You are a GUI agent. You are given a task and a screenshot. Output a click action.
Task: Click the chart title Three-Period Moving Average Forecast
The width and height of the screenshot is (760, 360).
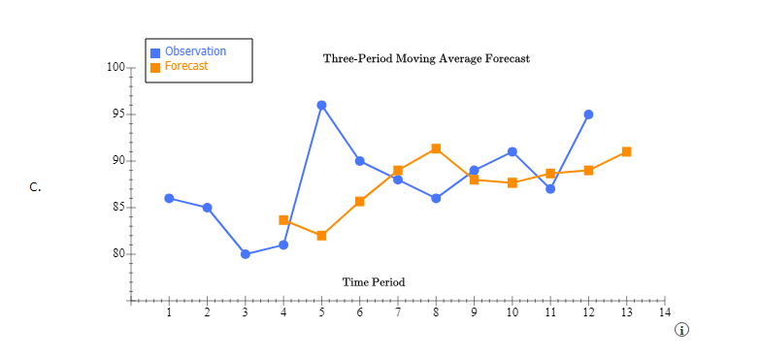pyautogui.click(x=426, y=58)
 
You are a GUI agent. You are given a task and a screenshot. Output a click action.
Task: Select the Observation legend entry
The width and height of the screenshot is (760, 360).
pyautogui.click(x=194, y=51)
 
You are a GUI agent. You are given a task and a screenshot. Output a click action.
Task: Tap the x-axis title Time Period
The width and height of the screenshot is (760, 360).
pyautogui.click(x=374, y=282)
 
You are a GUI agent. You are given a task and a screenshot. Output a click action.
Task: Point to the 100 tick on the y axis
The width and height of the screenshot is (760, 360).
pyautogui.click(x=116, y=68)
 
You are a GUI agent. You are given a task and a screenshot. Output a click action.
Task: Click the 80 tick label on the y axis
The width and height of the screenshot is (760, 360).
pyautogui.click(x=118, y=254)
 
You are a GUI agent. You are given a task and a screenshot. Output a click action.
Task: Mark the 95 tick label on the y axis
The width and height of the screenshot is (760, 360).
pyautogui.click(x=118, y=115)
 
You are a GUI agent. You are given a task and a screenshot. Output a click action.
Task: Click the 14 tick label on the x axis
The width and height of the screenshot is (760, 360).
pyautogui.click(x=664, y=312)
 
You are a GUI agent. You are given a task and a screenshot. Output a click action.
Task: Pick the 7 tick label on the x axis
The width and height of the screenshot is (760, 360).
pyautogui.click(x=398, y=312)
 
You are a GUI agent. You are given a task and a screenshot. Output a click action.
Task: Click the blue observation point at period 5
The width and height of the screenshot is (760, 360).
pyautogui.click(x=321, y=105)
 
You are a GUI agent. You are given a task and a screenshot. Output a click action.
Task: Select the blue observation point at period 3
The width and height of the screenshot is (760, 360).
pyautogui.click(x=246, y=254)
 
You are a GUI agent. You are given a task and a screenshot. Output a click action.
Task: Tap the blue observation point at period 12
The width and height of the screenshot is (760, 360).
pyautogui.click(x=588, y=115)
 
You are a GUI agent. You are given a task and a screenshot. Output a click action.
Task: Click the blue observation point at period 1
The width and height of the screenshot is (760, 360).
pyautogui.click(x=169, y=198)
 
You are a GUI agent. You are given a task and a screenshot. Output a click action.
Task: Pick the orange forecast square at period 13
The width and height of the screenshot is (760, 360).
pyautogui.click(x=627, y=151)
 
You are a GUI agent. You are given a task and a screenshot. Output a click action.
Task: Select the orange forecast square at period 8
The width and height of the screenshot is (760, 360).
pyautogui.click(x=436, y=148)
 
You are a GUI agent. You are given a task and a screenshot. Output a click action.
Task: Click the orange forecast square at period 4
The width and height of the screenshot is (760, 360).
pyautogui.click(x=283, y=220)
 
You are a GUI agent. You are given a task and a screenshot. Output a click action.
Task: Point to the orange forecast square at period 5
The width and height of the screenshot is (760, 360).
pyautogui.click(x=321, y=236)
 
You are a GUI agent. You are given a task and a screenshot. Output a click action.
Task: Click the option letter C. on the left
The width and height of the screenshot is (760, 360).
pyautogui.click(x=35, y=187)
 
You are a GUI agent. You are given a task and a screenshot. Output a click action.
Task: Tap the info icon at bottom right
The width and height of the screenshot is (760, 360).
pyautogui.click(x=681, y=330)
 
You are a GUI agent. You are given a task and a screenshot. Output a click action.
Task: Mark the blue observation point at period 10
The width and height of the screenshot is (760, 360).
pyautogui.click(x=512, y=151)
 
